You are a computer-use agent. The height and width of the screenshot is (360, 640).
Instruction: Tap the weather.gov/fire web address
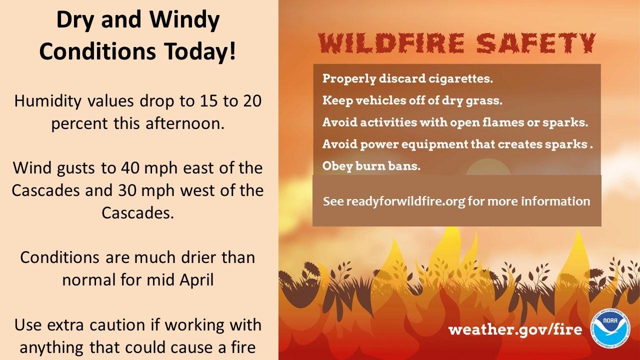pyautogui.click(x=515, y=329)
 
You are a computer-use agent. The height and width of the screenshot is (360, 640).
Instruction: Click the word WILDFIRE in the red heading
pyautogui.click(x=391, y=43)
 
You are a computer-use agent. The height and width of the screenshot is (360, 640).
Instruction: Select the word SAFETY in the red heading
pyautogui.click(x=536, y=43)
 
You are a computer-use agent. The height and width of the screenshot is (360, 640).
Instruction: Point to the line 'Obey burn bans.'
pyautogui.click(x=371, y=166)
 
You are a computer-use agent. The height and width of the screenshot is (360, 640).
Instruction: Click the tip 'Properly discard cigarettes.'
pyautogui.click(x=407, y=78)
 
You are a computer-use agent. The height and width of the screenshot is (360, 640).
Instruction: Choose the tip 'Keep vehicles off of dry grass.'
pyautogui.click(x=412, y=100)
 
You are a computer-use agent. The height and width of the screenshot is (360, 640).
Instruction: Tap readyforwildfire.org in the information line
pyautogui.click(x=405, y=201)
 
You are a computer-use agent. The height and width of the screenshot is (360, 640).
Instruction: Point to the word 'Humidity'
pyautogui.click(x=48, y=101)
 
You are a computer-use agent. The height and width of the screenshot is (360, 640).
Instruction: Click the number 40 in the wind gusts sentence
pyautogui.click(x=129, y=168)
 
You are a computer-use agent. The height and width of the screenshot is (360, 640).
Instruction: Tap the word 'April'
pyautogui.click(x=196, y=280)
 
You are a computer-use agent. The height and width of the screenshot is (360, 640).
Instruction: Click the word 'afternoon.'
pyautogui.click(x=185, y=123)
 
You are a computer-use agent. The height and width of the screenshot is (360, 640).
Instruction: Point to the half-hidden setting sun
pyautogui.click(x=488, y=166)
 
